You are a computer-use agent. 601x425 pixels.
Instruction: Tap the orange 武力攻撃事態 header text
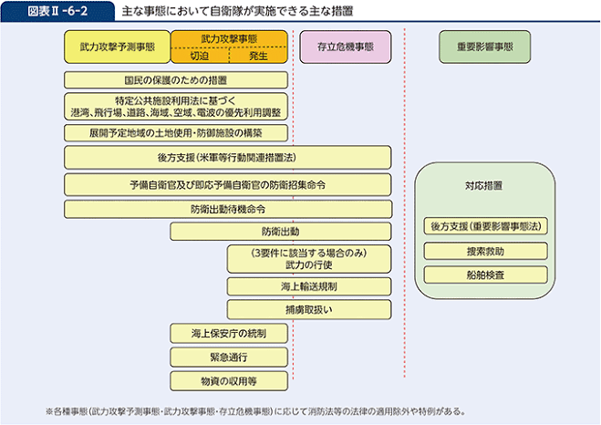(229, 38)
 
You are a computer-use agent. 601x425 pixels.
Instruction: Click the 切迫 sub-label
(200, 56)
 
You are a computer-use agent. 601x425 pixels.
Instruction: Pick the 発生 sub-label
(258, 56)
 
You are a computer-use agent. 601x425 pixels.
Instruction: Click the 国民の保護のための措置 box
(176, 80)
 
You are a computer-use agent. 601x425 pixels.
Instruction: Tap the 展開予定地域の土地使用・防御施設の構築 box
(176, 132)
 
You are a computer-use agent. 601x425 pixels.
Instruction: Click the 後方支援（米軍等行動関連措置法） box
(228, 157)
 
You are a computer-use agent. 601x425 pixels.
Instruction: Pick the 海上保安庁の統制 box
(229, 333)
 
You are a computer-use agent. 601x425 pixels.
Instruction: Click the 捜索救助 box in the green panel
(485, 251)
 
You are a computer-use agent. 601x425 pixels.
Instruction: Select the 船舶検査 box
(485, 274)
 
